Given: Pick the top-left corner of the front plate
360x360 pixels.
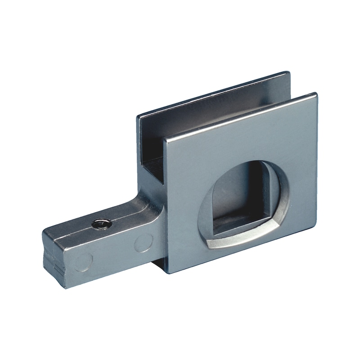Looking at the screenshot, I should pyautogui.click(x=165, y=138).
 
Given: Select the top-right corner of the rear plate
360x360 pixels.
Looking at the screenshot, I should pyautogui.click(x=288, y=72).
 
